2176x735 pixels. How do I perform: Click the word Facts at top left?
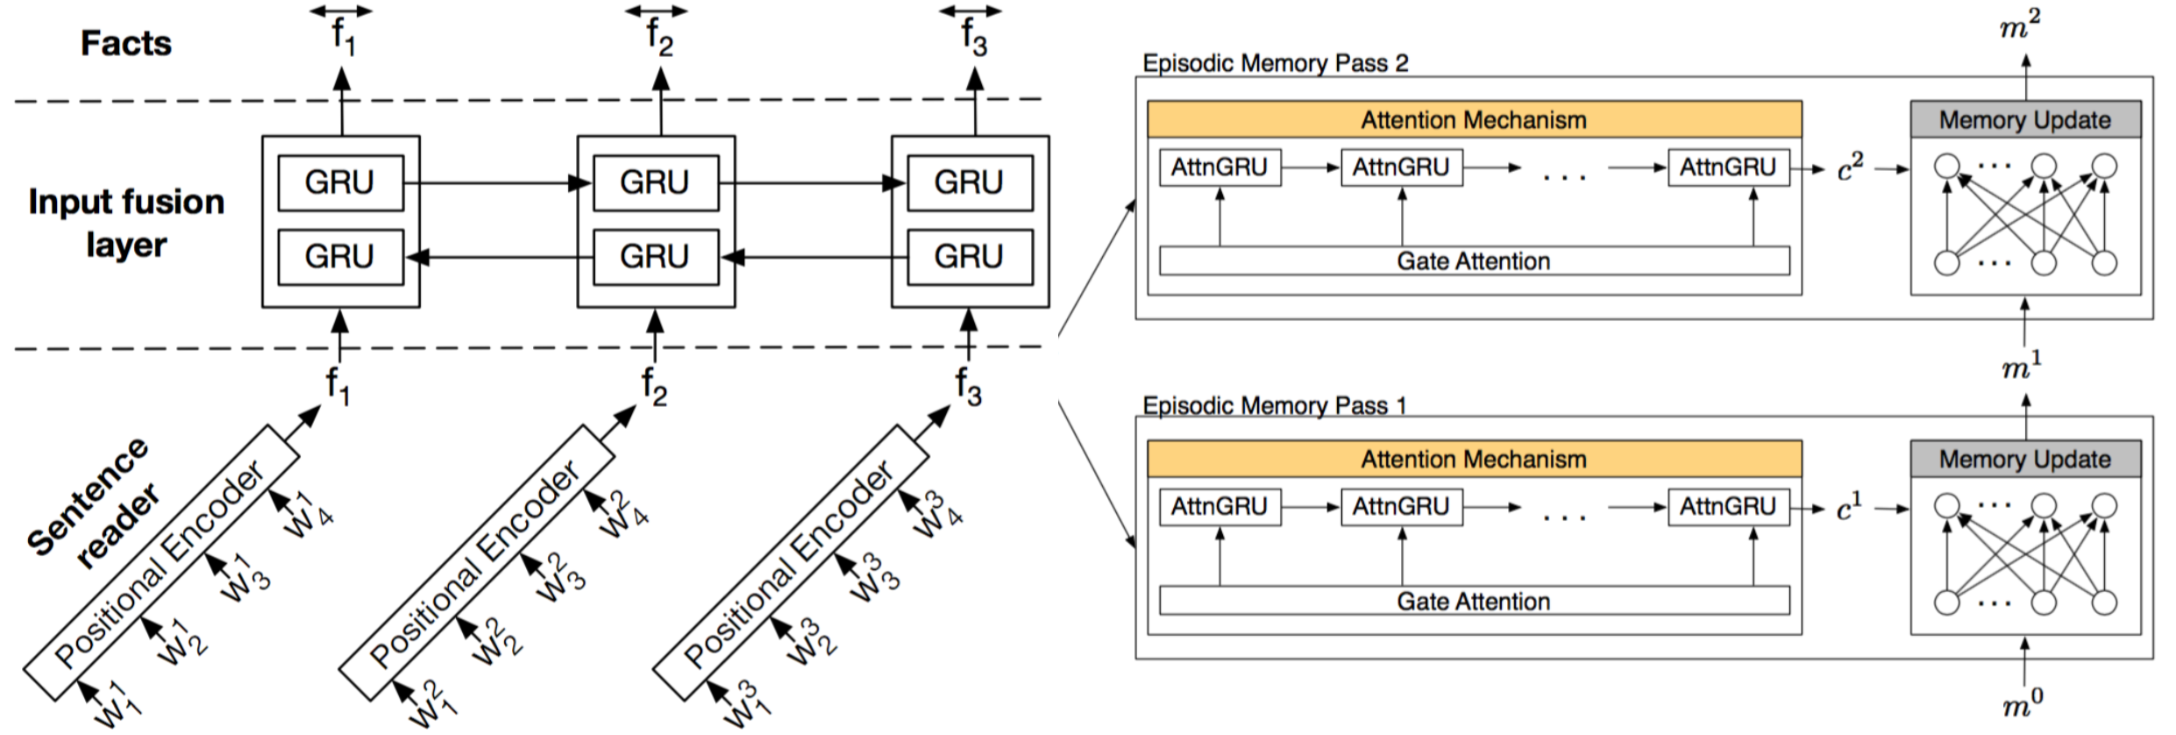(x=126, y=43)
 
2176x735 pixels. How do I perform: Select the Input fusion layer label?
(x=126, y=223)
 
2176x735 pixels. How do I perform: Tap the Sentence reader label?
(x=92, y=503)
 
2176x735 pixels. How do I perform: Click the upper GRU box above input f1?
(x=340, y=182)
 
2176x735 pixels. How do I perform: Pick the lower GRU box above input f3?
(x=970, y=257)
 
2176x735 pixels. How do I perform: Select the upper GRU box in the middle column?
(x=655, y=182)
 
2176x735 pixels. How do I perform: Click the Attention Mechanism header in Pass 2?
(x=1474, y=120)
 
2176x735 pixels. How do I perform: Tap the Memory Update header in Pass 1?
(x=2024, y=460)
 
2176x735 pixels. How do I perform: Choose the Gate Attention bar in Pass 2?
(x=1474, y=261)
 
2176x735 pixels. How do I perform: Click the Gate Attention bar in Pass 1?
(x=1474, y=601)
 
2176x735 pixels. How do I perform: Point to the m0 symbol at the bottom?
(x=2023, y=704)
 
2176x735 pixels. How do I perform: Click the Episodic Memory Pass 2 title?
(x=1276, y=63)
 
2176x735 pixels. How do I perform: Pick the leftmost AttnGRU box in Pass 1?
(x=1220, y=507)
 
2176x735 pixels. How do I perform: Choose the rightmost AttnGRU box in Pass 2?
(x=1728, y=168)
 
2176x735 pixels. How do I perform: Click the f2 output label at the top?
(x=658, y=37)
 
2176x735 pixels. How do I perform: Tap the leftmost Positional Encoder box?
(x=160, y=563)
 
